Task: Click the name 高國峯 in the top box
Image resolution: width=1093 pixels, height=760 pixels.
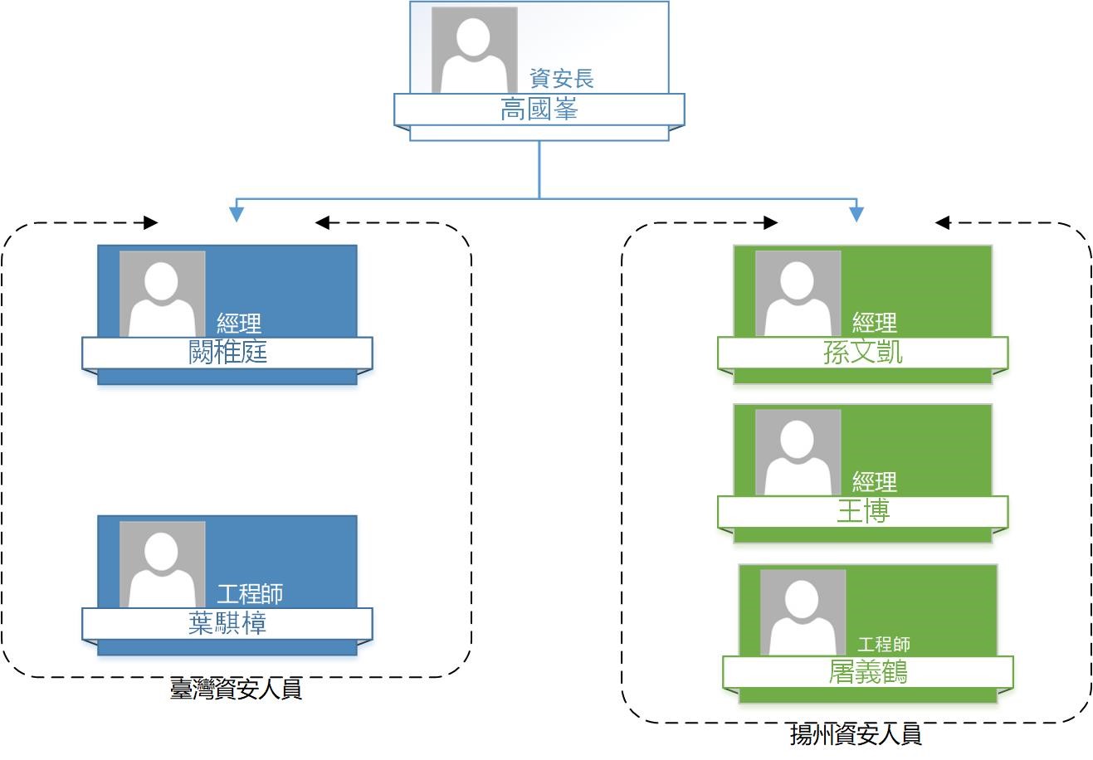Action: pos(539,110)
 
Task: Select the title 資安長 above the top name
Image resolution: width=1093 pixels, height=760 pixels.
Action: pos(562,79)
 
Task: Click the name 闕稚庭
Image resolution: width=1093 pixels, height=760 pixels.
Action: pos(227,353)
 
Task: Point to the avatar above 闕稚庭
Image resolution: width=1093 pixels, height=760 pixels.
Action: pos(163,294)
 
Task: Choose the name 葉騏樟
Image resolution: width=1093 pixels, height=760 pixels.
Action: pos(227,624)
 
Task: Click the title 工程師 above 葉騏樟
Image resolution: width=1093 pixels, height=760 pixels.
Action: pos(250,593)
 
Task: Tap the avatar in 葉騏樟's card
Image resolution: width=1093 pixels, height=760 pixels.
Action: pos(163,564)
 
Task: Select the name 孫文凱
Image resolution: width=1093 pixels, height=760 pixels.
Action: pos(863,353)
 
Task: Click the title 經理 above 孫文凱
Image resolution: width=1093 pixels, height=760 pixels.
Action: pos(875,323)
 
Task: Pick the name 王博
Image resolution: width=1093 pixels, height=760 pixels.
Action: pos(863,512)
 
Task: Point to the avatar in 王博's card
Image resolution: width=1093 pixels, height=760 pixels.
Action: pos(798,452)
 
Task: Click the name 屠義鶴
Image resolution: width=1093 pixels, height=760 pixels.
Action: pos(868,672)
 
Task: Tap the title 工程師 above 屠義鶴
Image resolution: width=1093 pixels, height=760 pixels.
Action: pos(884,644)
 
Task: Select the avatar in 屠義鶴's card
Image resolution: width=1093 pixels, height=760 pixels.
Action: pos(803,612)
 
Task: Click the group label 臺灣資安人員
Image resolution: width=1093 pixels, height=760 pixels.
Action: pos(235,689)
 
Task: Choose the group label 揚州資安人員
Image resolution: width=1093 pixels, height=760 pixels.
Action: pos(856,735)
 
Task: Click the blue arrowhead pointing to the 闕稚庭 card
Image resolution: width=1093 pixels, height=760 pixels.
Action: pos(237,214)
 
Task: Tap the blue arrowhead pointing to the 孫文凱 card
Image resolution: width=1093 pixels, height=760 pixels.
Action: pos(856,214)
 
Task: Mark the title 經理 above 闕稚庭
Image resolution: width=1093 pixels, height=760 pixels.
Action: pos(239,323)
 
